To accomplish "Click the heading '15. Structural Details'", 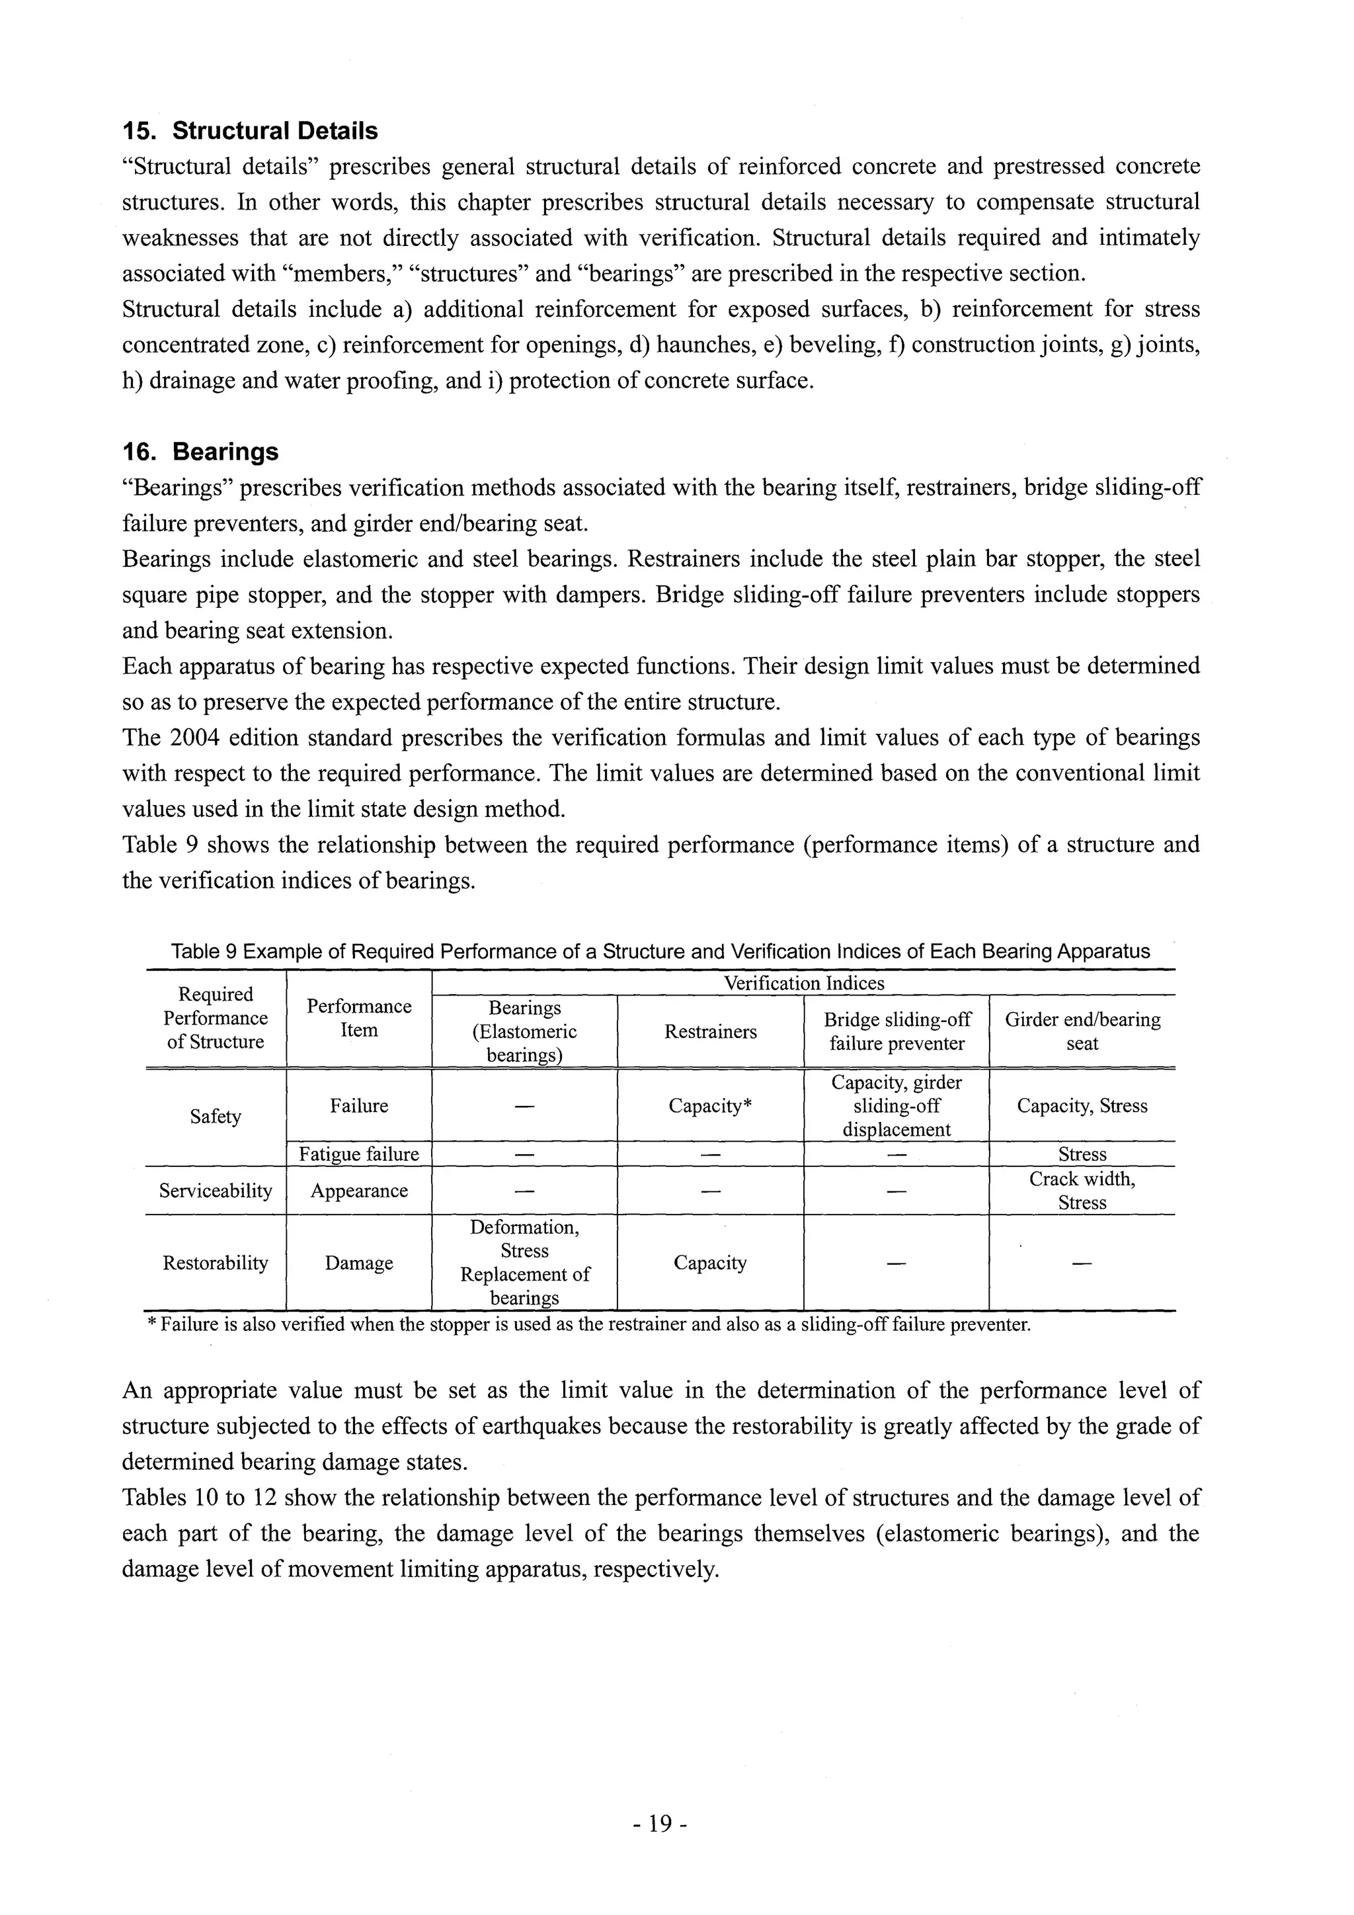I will (249, 131).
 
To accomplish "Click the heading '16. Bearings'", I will (200, 452).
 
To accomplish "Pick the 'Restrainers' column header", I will (710, 1032).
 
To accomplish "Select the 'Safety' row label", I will (215, 1116).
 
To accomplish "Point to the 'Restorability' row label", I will (215, 1263).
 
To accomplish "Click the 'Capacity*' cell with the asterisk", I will (710, 1106).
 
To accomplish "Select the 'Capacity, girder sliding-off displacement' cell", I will (896, 1106).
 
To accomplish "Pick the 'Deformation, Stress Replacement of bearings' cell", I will (524, 1263).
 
